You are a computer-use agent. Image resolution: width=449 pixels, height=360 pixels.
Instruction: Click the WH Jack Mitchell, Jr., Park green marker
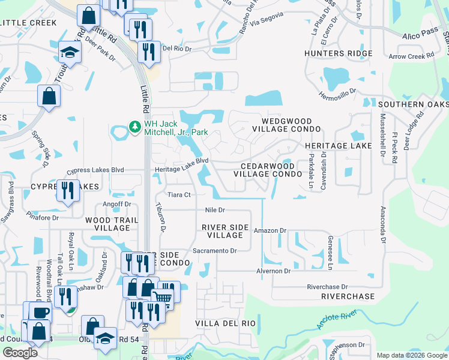(135, 127)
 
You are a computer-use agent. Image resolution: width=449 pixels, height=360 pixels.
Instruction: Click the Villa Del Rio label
(225, 323)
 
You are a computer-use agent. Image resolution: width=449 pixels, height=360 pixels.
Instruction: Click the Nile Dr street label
(214, 210)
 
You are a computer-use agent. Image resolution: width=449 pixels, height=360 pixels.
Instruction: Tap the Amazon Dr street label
(270, 230)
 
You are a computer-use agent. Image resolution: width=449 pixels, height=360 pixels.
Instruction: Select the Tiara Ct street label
(179, 195)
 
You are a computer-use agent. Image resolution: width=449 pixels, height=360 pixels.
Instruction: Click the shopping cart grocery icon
(162, 296)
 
